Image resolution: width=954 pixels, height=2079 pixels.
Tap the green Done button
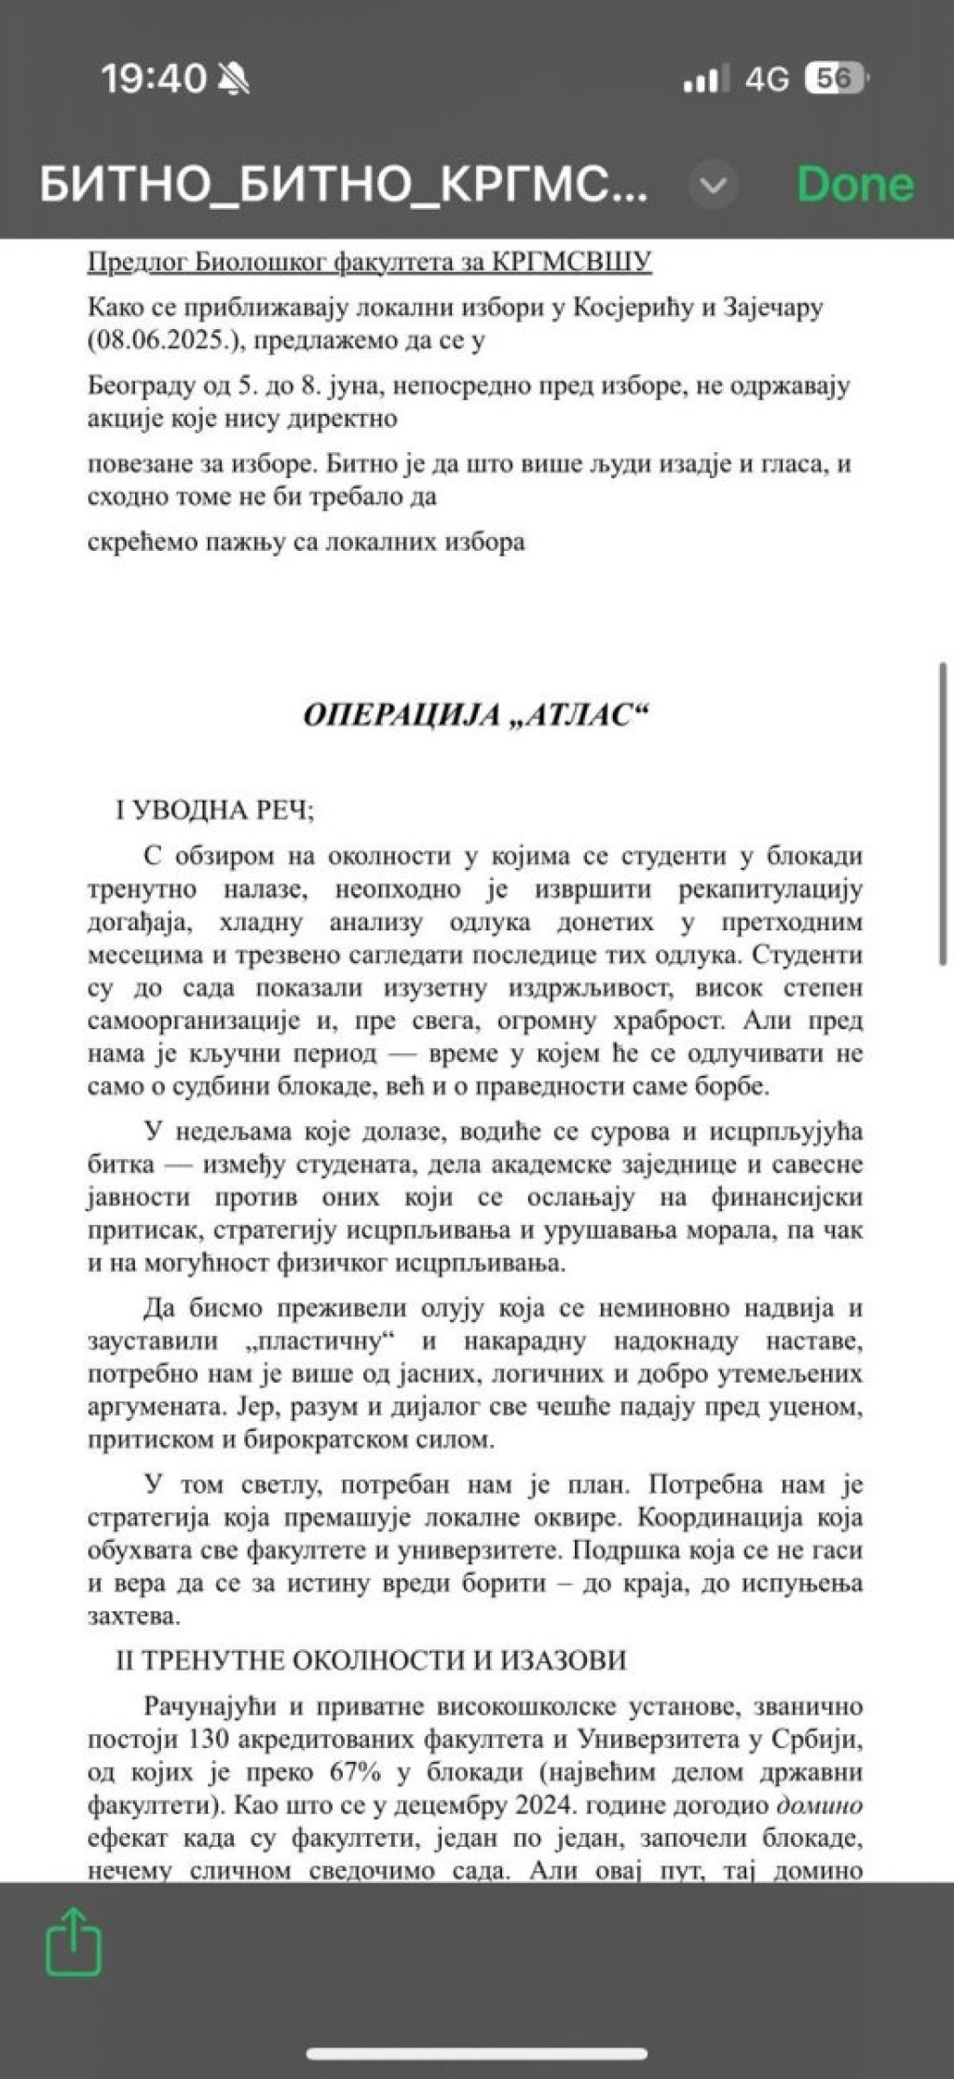(x=854, y=185)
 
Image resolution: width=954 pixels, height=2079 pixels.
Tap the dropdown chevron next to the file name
(x=713, y=186)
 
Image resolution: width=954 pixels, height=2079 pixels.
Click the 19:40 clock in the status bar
(x=153, y=79)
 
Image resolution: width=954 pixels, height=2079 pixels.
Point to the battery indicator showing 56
(x=836, y=79)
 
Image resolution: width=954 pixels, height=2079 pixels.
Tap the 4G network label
(x=766, y=80)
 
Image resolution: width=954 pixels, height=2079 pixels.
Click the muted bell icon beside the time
(x=232, y=80)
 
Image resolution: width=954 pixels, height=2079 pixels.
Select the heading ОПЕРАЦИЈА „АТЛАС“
(x=475, y=714)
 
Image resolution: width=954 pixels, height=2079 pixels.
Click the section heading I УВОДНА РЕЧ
(x=215, y=809)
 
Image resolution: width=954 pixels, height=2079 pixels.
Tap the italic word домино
(x=820, y=1805)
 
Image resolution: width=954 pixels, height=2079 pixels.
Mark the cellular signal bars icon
(x=704, y=80)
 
